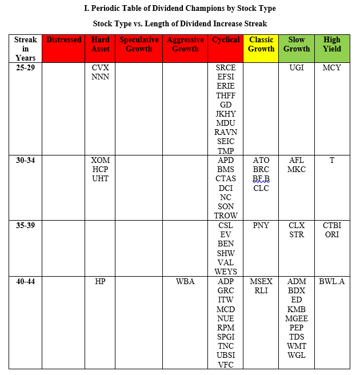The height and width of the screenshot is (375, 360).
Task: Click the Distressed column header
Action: click(x=63, y=40)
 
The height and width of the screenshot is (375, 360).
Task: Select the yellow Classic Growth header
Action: click(x=261, y=45)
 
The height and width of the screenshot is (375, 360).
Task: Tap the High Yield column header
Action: click(x=331, y=45)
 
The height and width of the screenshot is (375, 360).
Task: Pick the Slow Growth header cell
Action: click(x=296, y=45)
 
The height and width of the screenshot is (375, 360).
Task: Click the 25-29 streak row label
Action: click(x=26, y=67)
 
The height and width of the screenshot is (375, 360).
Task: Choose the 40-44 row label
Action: click(x=26, y=281)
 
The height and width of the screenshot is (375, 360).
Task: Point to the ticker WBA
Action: click(x=185, y=281)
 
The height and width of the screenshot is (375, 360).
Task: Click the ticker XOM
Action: click(x=100, y=161)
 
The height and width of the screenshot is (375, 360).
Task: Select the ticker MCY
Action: click(x=331, y=67)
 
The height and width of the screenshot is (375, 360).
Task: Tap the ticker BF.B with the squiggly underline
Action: click(x=261, y=179)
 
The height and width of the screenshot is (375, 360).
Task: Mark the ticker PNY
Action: click(x=261, y=226)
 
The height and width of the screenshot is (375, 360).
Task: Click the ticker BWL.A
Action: click(x=331, y=281)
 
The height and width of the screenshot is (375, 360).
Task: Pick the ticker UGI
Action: click(x=296, y=67)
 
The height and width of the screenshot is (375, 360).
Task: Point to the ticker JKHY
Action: click(x=226, y=114)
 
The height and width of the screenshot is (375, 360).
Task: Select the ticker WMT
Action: click(x=296, y=346)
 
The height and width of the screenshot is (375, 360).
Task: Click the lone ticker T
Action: click(x=331, y=161)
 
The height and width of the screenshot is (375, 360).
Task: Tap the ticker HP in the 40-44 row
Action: click(x=100, y=281)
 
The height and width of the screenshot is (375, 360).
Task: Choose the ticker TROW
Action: click(x=226, y=216)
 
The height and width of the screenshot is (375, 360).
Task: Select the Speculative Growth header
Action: click(x=139, y=45)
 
